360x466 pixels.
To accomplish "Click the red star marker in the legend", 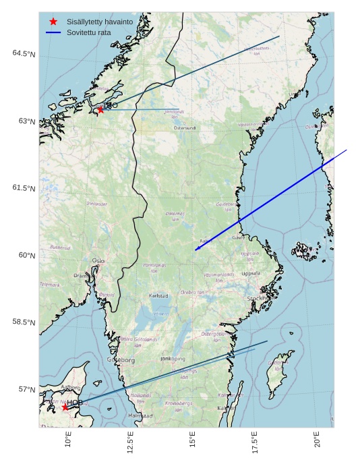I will click(53, 22).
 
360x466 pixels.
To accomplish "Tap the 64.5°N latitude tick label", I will click(24, 54).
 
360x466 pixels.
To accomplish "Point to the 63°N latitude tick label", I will click(26, 121).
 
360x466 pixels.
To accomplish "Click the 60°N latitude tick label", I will click(26, 255).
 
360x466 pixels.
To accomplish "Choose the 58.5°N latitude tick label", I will click(24, 322).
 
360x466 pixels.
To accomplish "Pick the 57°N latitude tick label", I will click(26, 389).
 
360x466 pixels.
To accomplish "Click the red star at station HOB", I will click(65, 407).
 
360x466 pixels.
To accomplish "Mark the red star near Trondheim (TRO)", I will click(100, 109).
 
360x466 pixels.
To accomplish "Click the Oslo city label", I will click(98, 260).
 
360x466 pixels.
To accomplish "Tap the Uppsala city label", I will click(250, 274).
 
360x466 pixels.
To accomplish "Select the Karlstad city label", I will click(158, 295).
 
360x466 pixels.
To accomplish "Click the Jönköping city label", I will click(173, 359).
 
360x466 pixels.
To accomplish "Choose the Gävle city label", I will click(238, 237).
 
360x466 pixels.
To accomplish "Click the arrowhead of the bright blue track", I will click(197, 250).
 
